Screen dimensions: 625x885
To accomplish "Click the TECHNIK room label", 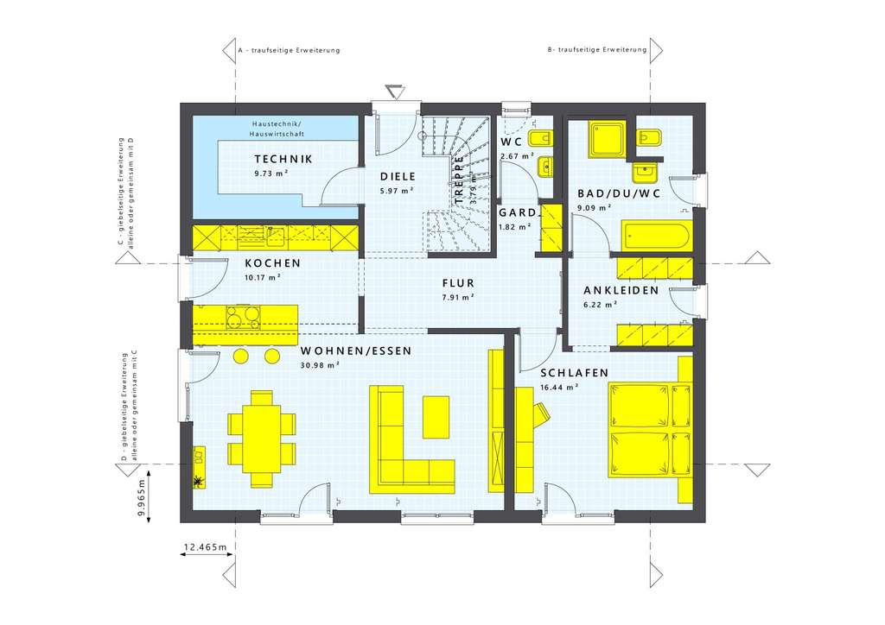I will (283, 160).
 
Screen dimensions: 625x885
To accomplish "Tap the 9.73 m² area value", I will (271, 174).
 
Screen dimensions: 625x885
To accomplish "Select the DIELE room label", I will (398, 176).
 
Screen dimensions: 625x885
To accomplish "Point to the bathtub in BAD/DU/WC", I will (655, 235).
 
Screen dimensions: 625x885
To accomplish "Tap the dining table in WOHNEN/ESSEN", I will (260, 430).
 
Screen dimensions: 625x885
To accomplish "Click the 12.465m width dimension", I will (205, 547).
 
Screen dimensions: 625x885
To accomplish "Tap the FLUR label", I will (458, 283).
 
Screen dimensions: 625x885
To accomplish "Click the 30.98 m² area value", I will (320, 365).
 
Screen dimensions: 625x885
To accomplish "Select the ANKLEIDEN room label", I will (621, 291).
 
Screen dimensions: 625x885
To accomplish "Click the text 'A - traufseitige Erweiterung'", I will (289, 50).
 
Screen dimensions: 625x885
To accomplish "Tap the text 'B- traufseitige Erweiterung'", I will (597, 50).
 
